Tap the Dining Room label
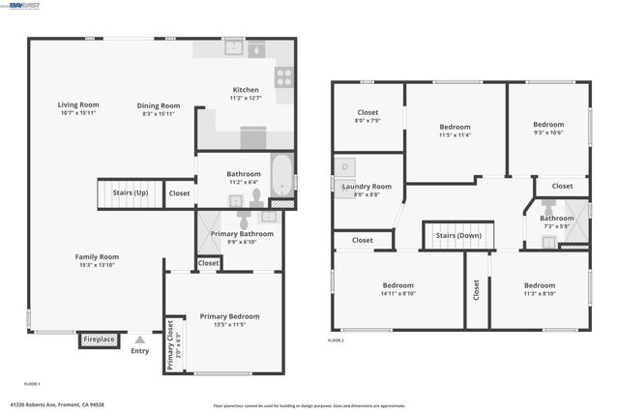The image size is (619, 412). click(159, 104)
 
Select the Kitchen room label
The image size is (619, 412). click(246, 89)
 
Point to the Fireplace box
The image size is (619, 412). click(98, 340)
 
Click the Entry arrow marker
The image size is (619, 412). click(139, 339)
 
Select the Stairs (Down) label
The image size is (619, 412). click(458, 235)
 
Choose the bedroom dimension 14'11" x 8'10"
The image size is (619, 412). click(398, 295)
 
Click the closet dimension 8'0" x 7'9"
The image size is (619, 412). click(368, 121)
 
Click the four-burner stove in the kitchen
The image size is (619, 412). click(284, 76)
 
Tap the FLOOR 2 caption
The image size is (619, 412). click(336, 340)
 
